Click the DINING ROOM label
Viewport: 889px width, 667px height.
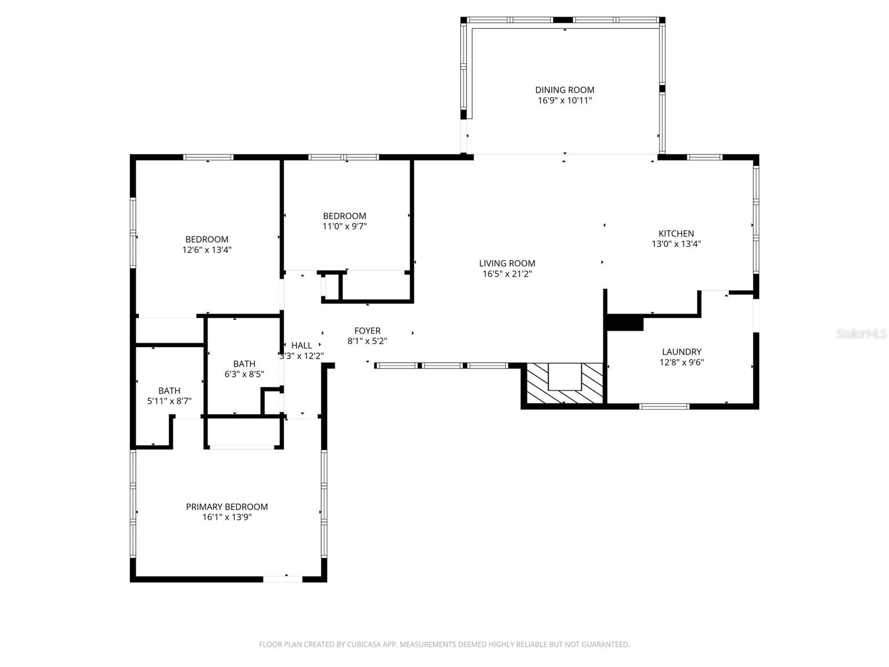click(565, 90)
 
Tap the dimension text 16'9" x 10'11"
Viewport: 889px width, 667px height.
click(565, 101)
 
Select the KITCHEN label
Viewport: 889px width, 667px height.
click(676, 233)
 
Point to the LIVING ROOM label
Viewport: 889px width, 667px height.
click(507, 263)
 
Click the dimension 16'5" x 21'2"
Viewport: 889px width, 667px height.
click(507, 273)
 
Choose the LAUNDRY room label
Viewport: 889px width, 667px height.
click(682, 352)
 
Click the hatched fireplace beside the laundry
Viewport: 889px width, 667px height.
click(564, 384)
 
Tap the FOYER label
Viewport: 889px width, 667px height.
click(367, 331)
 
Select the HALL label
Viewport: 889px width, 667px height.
click(302, 346)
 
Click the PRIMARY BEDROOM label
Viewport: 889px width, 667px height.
click(227, 507)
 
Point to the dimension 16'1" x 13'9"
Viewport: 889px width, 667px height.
click(227, 517)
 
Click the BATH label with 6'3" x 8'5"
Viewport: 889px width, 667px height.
click(244, 364)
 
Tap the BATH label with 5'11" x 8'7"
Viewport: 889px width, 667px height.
click(169, 391)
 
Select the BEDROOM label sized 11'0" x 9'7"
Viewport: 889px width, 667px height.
click(344, 216)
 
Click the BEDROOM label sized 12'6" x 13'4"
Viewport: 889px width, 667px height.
click(207, 240)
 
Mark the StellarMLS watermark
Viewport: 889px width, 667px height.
click(862, 334)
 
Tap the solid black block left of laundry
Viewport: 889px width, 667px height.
click(625, 322)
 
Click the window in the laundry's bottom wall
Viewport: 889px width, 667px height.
click(664, 406)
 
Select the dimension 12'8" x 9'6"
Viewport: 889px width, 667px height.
click(682, 362)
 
